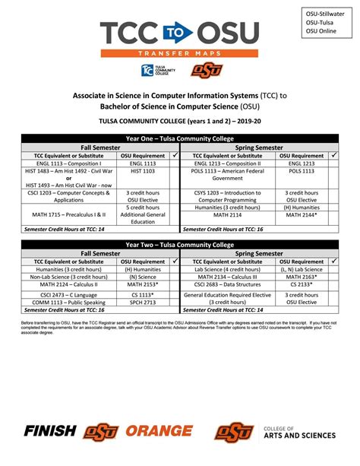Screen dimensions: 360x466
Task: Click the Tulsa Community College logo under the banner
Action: pyautogui.click(x=154, y=71)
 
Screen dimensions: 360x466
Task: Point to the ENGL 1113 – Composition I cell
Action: pyautogui.click(x=65, y=163)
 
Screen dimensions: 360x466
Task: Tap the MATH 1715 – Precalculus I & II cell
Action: pyautogui.click(x=65, y=215)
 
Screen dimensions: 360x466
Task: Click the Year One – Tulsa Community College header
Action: pyautogui.click(x=180, y=138)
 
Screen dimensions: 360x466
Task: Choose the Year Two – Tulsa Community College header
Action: pyautogui.click(x=180, y=245)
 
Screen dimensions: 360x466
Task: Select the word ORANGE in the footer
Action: pyautogui.click(x=164, y=432)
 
